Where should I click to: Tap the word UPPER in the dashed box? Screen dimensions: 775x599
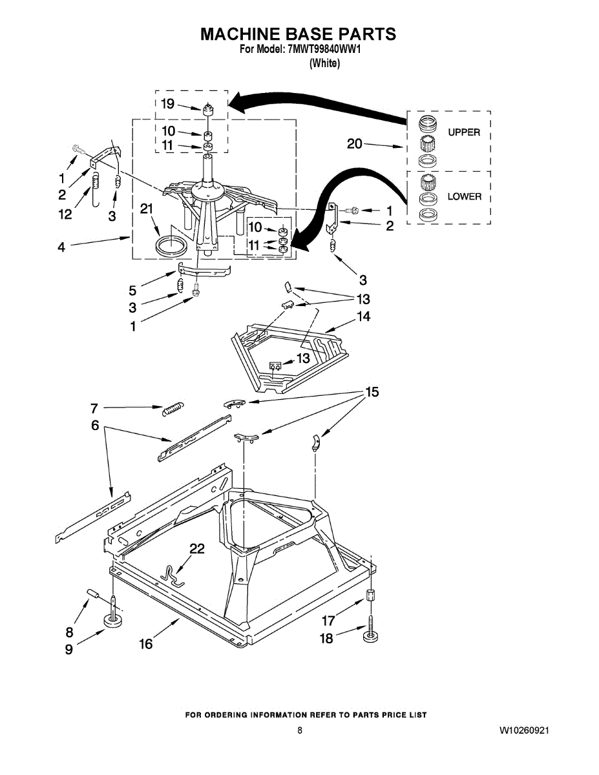pos(464,132)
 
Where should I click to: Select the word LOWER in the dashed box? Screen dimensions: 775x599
pos(465,196)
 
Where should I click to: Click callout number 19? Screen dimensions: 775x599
pos(167,103)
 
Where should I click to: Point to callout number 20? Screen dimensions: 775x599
pos(355,144)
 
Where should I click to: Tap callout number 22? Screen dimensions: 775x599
pos(196,549)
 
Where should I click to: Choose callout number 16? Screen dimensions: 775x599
pos(146,644)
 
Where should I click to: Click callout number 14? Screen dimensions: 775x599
pos(364,317)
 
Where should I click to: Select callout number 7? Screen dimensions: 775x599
pos(94,408)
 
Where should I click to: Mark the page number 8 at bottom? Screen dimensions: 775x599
pos(300,730)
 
